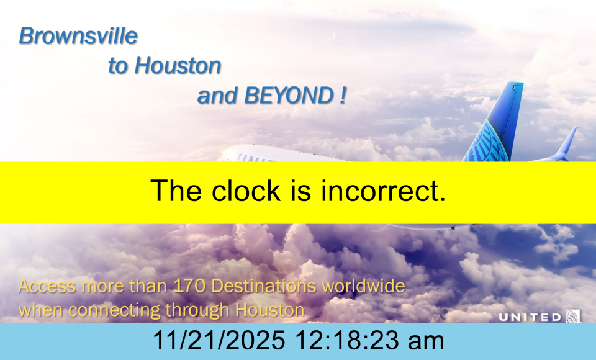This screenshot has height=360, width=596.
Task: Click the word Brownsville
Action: click(78, 36)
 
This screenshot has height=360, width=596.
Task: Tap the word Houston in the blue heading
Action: click(178, 65)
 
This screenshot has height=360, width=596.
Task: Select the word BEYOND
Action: click(289, 96)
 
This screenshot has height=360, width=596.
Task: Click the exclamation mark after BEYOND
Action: click(343, 96)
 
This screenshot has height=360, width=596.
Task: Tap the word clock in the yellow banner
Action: click(246, 191)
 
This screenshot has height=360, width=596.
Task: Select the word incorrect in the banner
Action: click(384, 191)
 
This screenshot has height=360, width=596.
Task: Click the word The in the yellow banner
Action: click(176, 191)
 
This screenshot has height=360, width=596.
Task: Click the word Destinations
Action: click(263, 286)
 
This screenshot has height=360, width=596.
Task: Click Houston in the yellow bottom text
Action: click(270, 310)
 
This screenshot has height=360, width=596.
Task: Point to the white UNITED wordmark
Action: click(530, 317)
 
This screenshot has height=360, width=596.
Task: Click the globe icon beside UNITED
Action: click(573, 317)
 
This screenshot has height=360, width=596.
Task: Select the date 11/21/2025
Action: click(219, 340)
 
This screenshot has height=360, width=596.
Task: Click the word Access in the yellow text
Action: click(47, 286)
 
